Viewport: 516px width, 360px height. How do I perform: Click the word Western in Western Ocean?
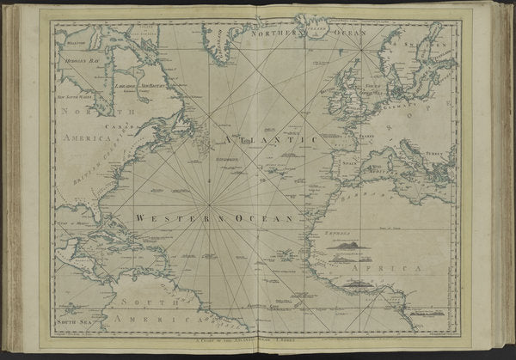(161, 217)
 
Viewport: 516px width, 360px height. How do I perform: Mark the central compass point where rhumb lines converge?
(211, 204)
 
